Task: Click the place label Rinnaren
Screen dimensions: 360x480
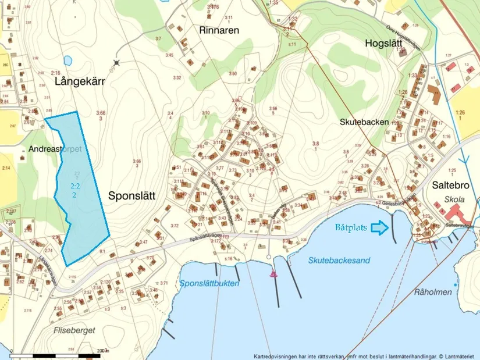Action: pyautogui.click(x=219, y=30)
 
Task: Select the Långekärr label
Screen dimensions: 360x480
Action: pyautogui.click(x=79, y=82)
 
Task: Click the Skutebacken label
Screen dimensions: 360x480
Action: pyautogui.click(x=364, y=122)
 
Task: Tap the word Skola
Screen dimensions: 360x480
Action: pyautogui.click(x=453, y=199)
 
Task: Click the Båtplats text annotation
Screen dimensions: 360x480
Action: pyautogui.click(x=351, y=227)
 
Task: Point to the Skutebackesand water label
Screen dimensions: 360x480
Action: pyautogui.click(x=339, y=261)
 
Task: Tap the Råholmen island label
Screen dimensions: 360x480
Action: pyautogui.click(x=433, y=292)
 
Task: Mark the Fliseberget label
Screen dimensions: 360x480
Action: pyautogui.click(x=74, y=329)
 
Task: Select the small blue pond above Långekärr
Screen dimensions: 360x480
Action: pyautogui.click(x=68, y=59)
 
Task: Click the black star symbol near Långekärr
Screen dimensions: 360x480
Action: pyautogui.click(x=117, y=62)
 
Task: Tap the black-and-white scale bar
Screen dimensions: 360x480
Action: pyautogui.click(x=58, y=354)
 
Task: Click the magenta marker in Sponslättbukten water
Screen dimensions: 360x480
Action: pyautogui.click(x=273, y=273)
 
